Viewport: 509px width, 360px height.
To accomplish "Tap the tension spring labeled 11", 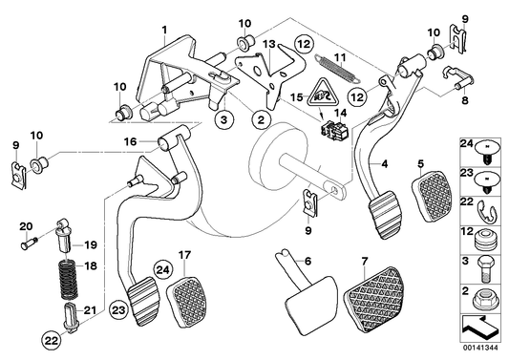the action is [x=337, y=70].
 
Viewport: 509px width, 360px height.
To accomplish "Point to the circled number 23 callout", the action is [x=118, y=309].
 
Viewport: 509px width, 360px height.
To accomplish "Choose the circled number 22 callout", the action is [x=52, y=340].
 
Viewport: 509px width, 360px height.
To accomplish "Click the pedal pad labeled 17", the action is [x=186, y=302].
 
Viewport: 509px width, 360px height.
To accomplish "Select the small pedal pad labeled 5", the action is [x=432, y=197].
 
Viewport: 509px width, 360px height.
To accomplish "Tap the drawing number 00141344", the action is [x=480, y=348].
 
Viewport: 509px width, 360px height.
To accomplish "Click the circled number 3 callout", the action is [x=224, y=119].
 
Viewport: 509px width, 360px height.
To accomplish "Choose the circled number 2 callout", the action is [x=262, y=119].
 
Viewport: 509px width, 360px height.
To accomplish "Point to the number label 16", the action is [x=130, y=142].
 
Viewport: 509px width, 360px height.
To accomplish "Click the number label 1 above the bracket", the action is [x=164, y=31].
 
